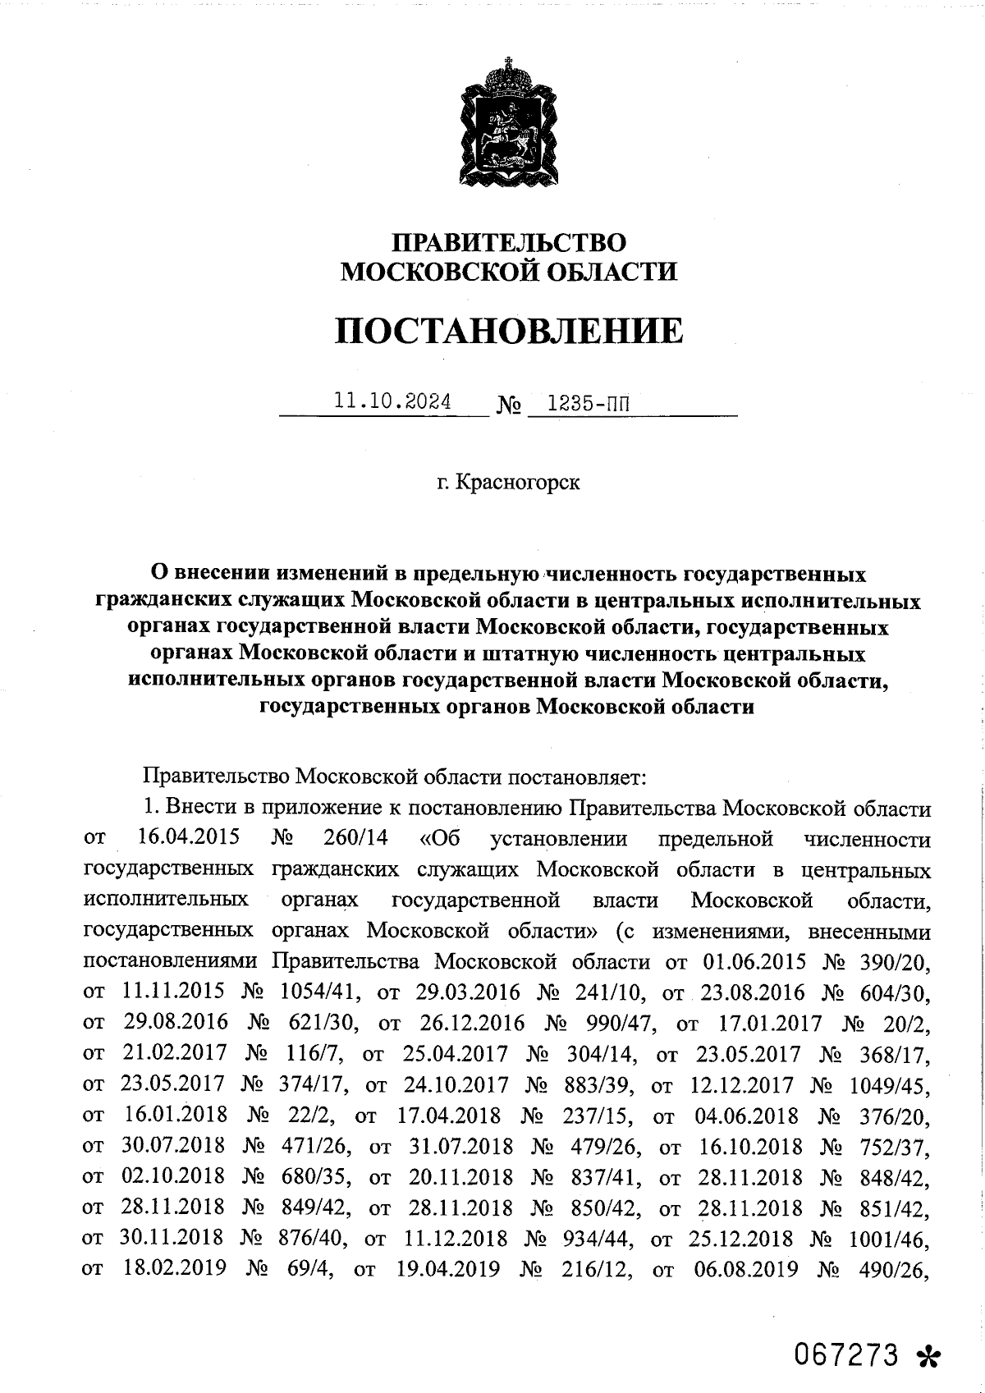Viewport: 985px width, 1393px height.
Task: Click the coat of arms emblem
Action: pyautogui.click(x=508, y=123)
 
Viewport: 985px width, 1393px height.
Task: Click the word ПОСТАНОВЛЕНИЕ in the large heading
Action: pyautogui.click(x=509, y=330)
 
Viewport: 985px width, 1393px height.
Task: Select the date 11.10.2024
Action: pyautogui.click(x=392, y=402)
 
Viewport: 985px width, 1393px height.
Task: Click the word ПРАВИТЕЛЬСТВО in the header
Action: pyautogui.click(x=509, y=242)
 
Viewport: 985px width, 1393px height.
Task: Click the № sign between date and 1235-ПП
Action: pyautogui.click(x=509, y=406)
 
